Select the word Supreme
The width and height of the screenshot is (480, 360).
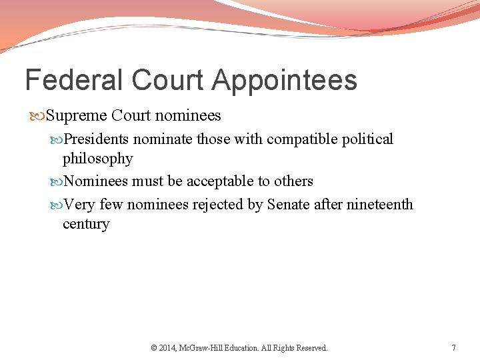click(x=75, y=116)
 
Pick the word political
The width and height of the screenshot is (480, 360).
click(x=369, y=139)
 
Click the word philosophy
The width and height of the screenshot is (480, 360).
click(x=97, y=159)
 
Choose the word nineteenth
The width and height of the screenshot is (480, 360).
click(x=380, y=204)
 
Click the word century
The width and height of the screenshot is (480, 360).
click(x=86, y=224)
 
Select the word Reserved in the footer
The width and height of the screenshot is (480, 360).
click(x=311, y=348)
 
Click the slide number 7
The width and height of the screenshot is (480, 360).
click(x=453, y=348)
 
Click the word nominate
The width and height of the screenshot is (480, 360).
click(x=159, y=139)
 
